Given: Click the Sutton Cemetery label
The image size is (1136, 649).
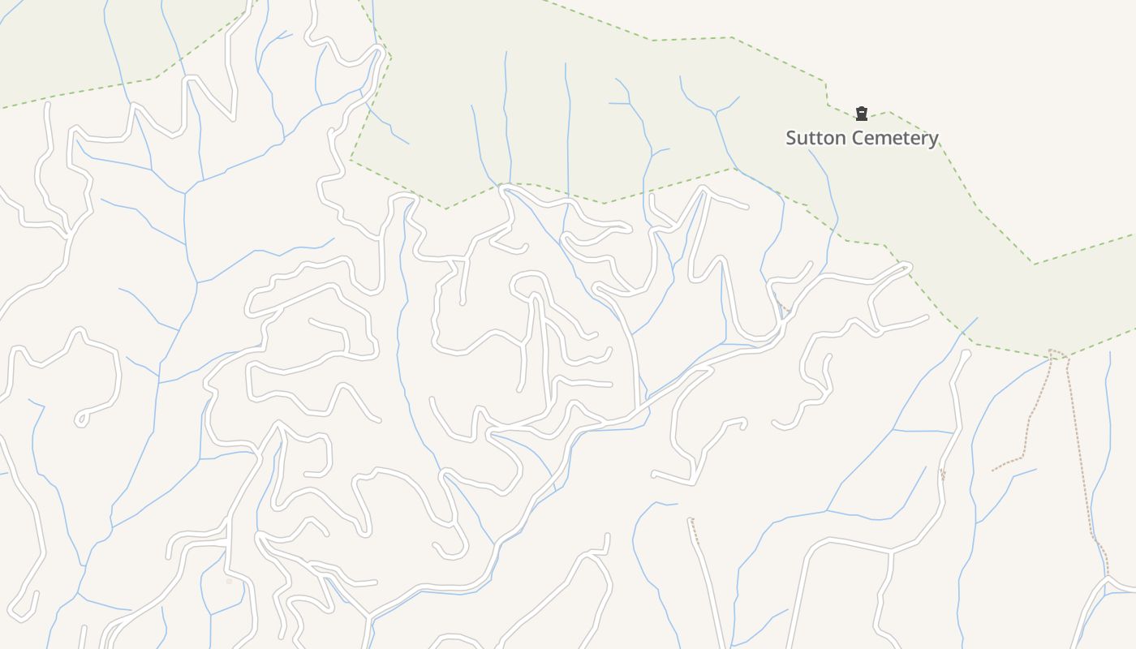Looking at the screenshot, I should click(x=862, y=138).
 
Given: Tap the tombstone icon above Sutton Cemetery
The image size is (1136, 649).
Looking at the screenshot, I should click(x=862, y=114).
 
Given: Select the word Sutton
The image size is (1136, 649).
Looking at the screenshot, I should click(x=812, y=138).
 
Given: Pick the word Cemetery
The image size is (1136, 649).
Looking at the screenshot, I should click(x=891, y=138).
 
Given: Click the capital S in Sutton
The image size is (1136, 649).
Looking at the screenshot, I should click(x=792, y=138).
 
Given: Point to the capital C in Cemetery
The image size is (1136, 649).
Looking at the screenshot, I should click(x=851, y=138).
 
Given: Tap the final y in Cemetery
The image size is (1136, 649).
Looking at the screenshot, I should click(x=933, y=140).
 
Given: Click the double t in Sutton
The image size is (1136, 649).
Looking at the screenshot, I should click(x=814, y=138).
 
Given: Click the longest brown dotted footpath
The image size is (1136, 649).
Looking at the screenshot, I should click(x=1082, y=454).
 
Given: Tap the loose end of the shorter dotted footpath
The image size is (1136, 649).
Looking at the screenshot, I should click(x=992, y=470).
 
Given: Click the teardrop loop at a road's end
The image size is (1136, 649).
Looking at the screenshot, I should click(x=81, y=419).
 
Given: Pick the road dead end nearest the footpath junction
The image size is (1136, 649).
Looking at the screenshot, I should click(x=966, y=354).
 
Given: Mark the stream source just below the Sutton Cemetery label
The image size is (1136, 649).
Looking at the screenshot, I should click(x=809, y=151).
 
